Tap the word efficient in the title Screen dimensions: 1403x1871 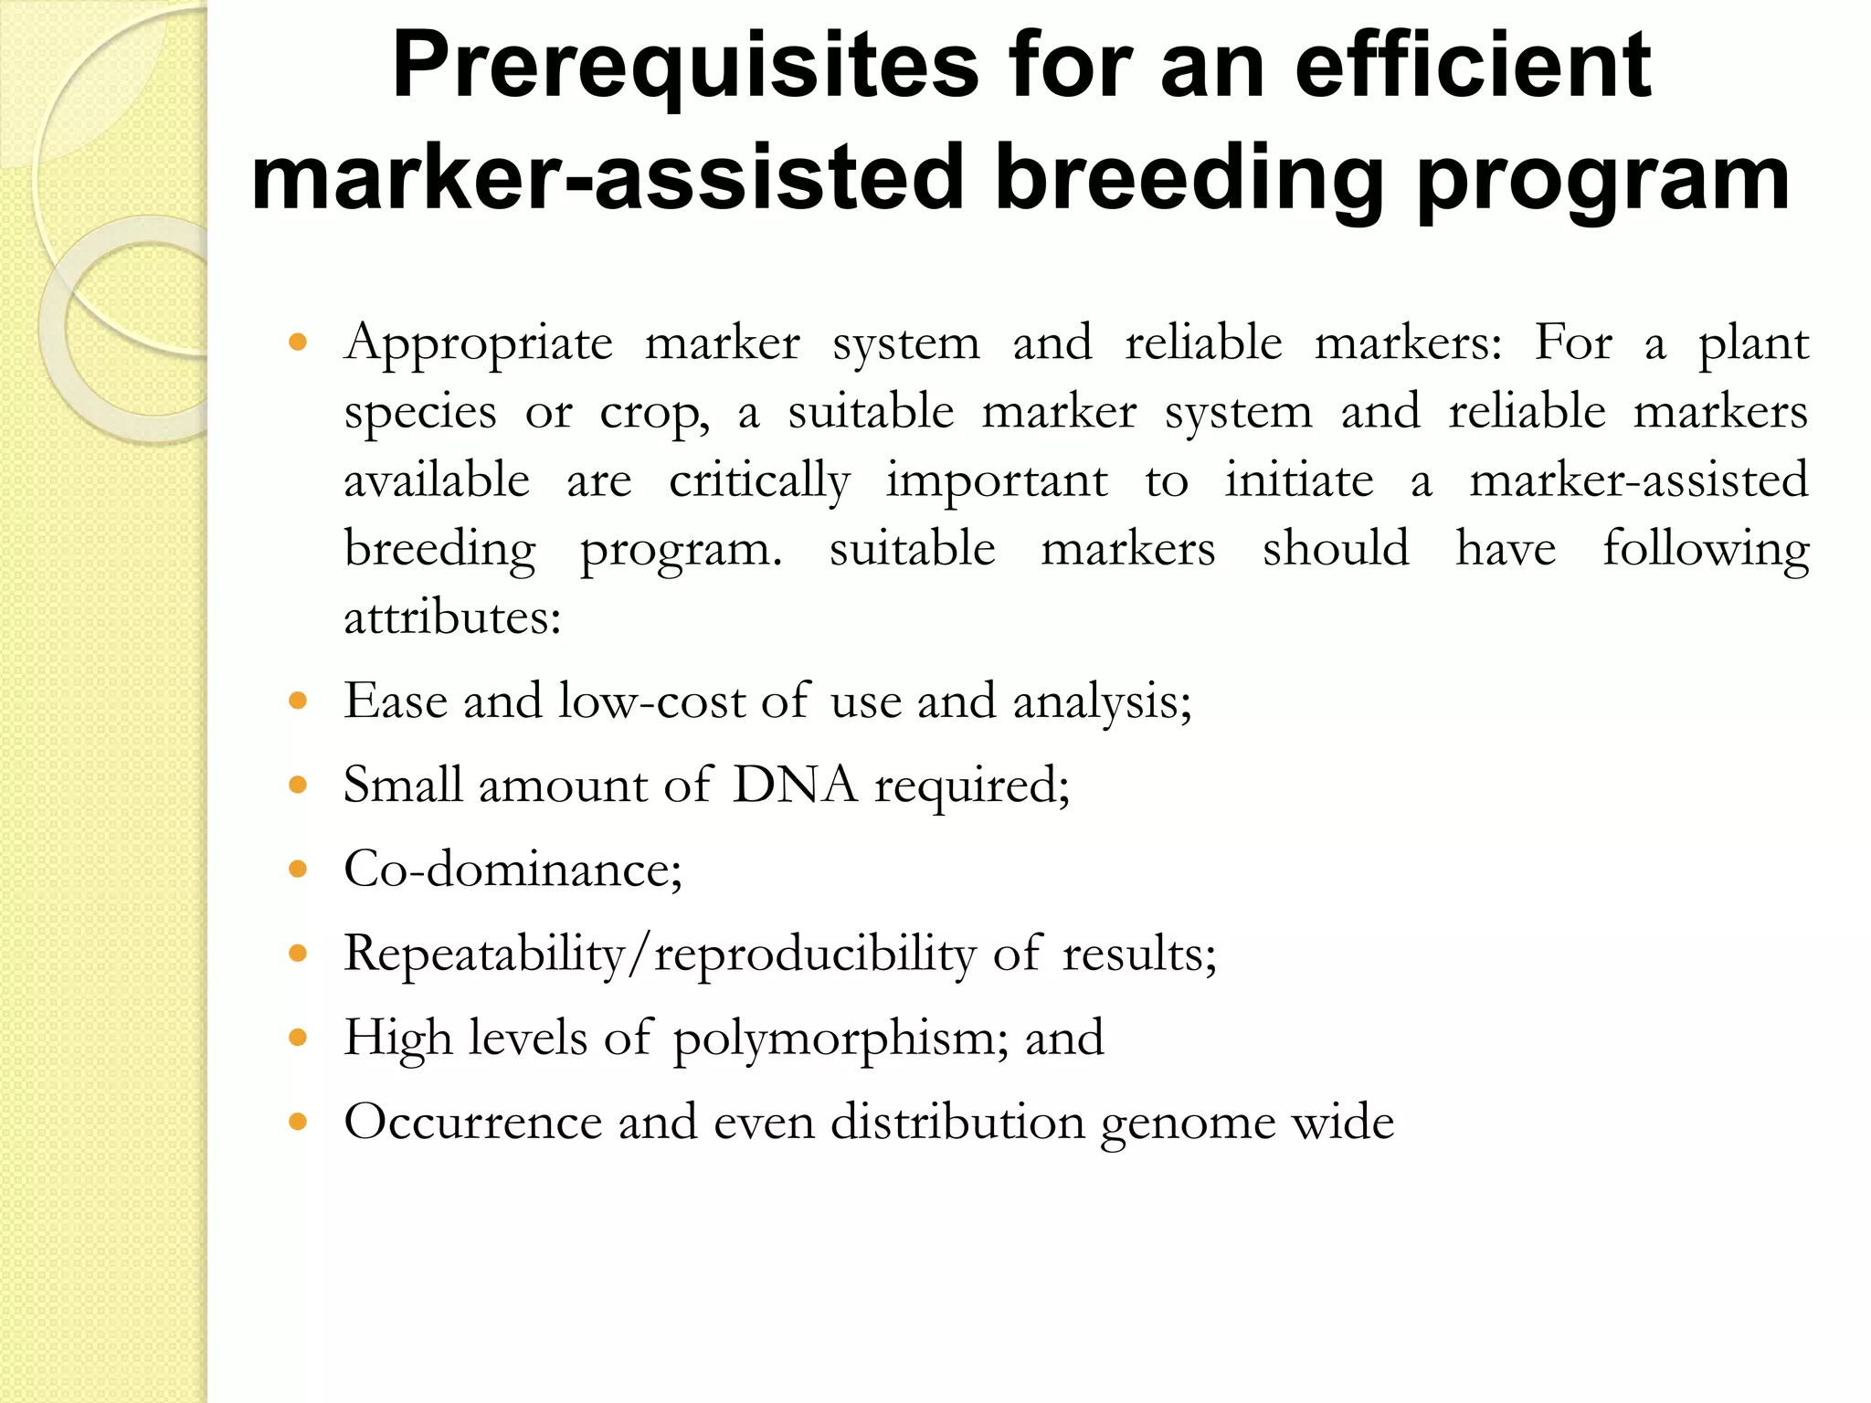coord(1473,66)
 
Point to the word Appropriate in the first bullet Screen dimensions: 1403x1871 coord(478,344)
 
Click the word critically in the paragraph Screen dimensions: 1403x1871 coord(759,481)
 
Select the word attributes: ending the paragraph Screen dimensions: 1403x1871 coord(452,618)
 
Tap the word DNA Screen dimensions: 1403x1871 coord(795,785)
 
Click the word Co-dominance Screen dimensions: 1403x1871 coord(513,869)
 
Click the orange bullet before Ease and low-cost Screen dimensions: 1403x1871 coord(297,701)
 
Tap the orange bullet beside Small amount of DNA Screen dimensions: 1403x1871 coord(297,785)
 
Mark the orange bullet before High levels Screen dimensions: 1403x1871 coord(297,1038)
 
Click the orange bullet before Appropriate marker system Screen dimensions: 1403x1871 coord(297,343)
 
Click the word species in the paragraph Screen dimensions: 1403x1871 coord(420,413)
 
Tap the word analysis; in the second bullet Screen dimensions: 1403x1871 coord(1102,702)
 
